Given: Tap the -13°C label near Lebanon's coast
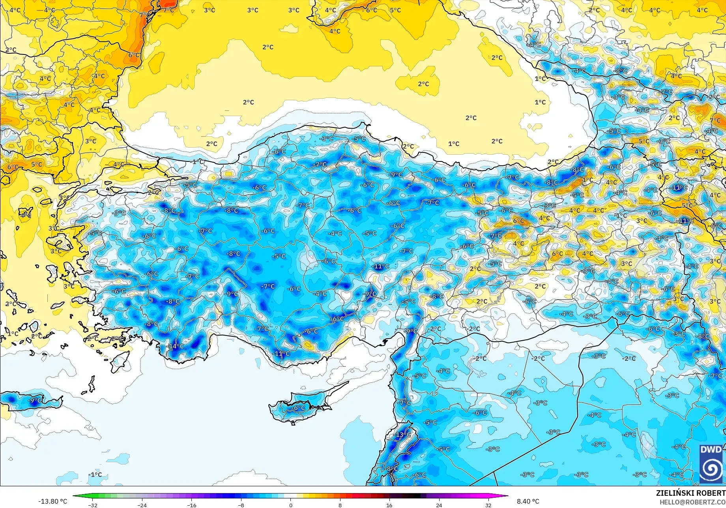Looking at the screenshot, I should coord(403,435).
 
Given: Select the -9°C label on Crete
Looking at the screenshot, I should coord(35,400).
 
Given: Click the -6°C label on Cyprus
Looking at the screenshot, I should coord(299,408).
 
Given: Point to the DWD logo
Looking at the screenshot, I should coord(711,464).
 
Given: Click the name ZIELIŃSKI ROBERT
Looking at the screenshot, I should coord(690,493).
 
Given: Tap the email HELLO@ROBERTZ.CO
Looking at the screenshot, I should coord(692,502).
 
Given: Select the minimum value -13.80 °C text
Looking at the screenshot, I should coord(52,501).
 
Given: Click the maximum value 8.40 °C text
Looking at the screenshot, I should coord(528,501).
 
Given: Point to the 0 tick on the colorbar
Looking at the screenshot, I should coord(291,505).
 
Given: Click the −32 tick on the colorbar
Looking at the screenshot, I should coord(92,505).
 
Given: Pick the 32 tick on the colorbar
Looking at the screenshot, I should coord(488,505).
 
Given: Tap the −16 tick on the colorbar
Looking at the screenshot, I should coord(191,505).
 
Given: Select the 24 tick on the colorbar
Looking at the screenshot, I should coord(439,505).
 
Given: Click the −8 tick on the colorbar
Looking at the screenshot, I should coord(241,505).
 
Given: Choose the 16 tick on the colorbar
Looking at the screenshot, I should coord(389,505).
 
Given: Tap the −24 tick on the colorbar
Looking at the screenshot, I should coord(142,505).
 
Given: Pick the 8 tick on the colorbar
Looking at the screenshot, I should coord(340,505).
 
